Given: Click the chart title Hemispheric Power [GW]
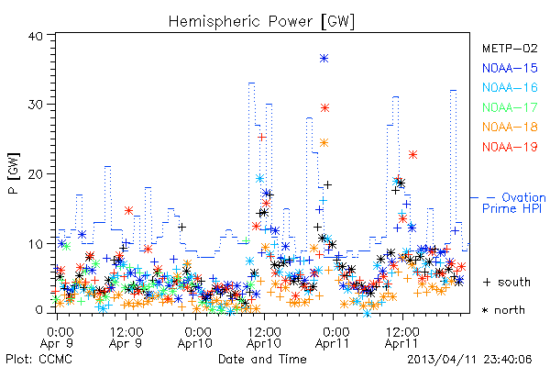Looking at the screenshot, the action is click(261, 21).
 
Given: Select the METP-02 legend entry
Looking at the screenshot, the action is click(510, 48).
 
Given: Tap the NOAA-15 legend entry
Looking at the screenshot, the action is click(510, 68).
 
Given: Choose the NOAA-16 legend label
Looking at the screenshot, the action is click(510, 87).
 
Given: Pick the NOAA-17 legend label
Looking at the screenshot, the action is click(510, 107).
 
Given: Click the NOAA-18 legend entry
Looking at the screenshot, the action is click(510, 127).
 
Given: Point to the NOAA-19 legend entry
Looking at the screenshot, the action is click(510, 147).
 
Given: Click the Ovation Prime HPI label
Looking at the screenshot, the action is click(513, 203).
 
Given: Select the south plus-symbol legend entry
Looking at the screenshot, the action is click(507, 282).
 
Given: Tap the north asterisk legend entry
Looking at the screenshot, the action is click(503, 310).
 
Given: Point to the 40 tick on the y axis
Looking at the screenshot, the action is click(35, 37).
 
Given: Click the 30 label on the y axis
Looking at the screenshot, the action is click(35, 105).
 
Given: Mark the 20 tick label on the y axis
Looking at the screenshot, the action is click(35, 174).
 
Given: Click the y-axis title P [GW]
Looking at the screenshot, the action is click(14, 173).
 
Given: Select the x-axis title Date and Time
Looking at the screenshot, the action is click(262, 360).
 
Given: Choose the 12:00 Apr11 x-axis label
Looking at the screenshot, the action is click(402, 338).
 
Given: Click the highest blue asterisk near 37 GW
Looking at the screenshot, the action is click(324, 59).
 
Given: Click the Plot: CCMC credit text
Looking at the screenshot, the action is click(38, 360).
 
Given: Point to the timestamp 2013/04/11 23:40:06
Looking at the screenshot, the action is click(469, 360).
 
